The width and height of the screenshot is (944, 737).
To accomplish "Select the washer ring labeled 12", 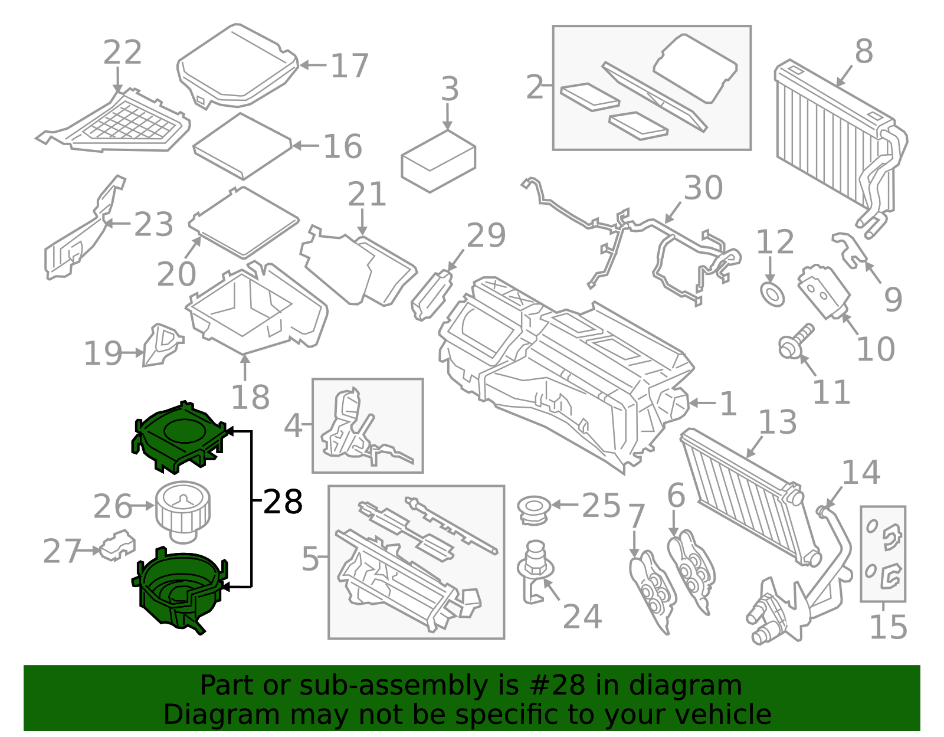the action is coord(772,295).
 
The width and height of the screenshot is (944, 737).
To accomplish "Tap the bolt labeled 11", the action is coord(795,343).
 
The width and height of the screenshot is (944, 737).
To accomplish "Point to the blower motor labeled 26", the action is coord(183,512).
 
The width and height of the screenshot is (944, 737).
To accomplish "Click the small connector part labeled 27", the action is coord(117,546).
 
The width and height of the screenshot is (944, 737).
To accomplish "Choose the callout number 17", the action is coord(350,66).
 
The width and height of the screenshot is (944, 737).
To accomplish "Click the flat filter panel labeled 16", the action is coord(242,146).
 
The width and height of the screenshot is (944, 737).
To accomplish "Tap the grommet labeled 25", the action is coord(534,510).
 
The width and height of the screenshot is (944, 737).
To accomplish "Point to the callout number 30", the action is coord(703,188).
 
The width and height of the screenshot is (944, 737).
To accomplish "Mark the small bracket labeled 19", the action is coord(162,345).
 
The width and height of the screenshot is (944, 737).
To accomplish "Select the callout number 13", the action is coord(778,422).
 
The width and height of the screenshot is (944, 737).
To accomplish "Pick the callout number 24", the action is coord(582,617).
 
